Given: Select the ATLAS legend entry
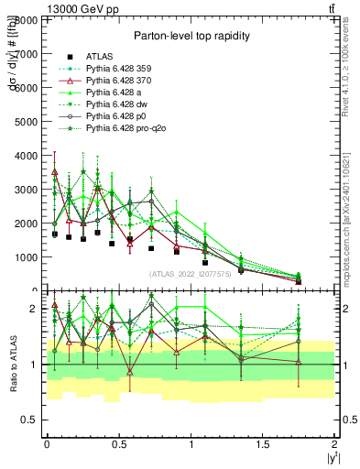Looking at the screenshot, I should (100, 57).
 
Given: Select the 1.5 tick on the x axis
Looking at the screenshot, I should (263, 443).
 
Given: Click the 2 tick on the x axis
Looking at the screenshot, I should (335, 443).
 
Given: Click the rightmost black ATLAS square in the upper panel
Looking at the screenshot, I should (299, 281).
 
